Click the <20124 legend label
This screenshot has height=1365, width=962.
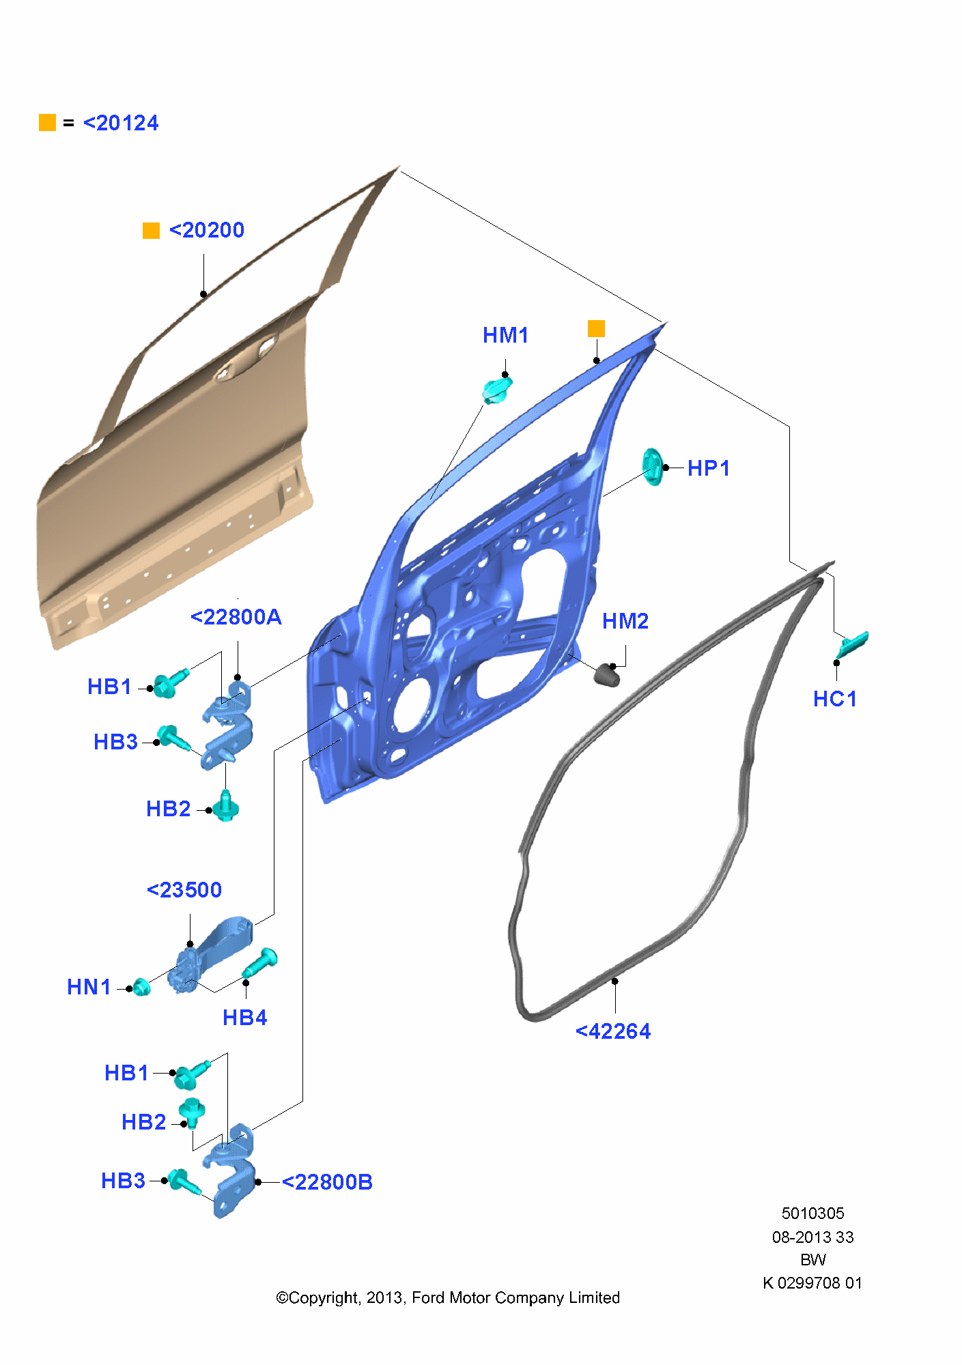(121, 124)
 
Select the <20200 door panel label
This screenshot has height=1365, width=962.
(207, 231)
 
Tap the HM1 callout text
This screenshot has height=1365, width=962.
(506, 335)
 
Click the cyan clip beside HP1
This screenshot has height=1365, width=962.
(653, 467)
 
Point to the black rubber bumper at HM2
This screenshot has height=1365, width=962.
(608, 674)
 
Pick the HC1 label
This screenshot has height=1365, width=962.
(835, 699)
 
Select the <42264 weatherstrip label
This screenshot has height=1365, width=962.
(613, 1031)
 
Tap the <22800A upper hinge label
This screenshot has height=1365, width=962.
(236, 617)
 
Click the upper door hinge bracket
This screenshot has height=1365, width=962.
(228, 725)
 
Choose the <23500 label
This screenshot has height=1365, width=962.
(184, 890)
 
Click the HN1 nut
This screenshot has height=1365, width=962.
(141, 986)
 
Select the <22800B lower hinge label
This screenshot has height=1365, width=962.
(328, 1182)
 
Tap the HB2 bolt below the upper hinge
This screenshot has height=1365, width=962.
(225, 806)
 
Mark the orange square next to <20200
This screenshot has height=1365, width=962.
(151, 231)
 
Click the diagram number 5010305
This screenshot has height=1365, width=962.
(813, 1213)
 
